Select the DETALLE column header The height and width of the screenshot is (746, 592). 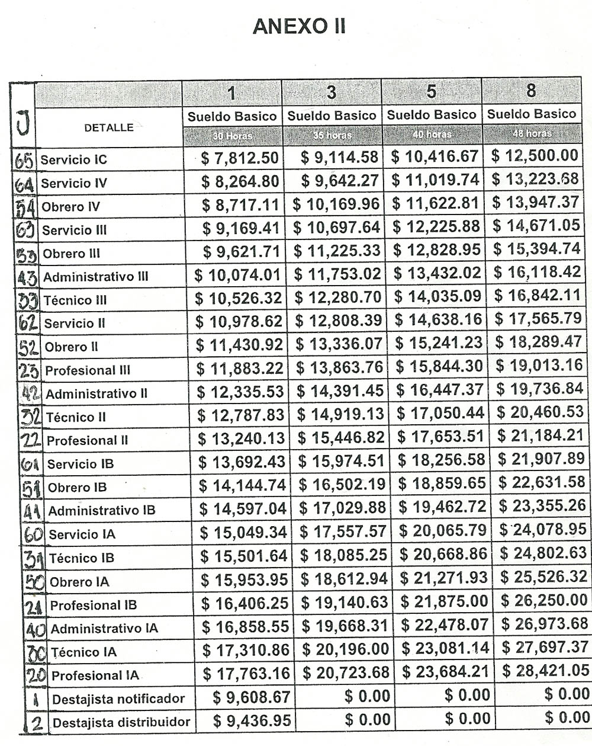click(108, 127)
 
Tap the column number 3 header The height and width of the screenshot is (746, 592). click(332, 92)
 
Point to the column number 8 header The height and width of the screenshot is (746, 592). click(531, 90)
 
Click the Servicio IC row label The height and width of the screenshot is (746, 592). click(73, 160)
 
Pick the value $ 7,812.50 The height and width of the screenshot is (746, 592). click(240, 158)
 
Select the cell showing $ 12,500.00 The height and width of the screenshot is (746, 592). click(534, 156)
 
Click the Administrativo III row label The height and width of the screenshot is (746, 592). click(95, 277)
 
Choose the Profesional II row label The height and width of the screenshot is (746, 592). click(87, 441)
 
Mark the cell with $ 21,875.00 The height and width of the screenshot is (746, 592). click(444, 601)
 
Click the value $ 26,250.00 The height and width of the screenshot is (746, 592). click(544, 600)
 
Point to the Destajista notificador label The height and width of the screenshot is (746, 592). click(118, 699)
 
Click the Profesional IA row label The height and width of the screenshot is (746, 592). click(95, 675)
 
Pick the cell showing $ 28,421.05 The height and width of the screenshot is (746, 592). click(545, 670)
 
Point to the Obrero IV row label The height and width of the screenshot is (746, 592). click(70, 207)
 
